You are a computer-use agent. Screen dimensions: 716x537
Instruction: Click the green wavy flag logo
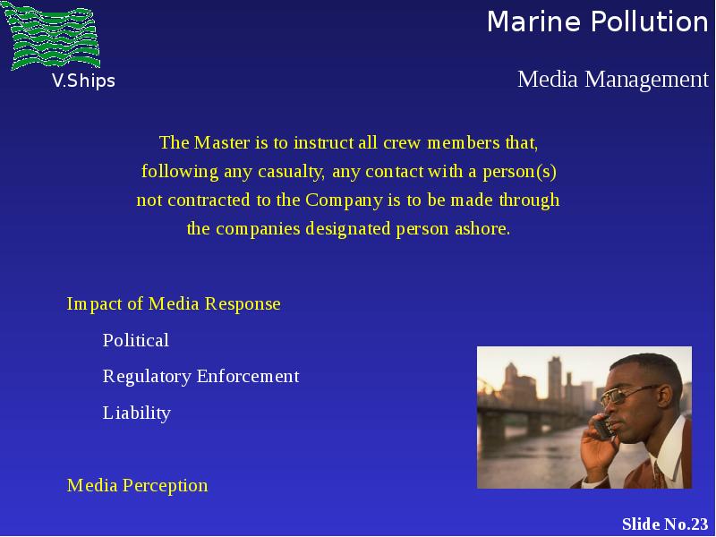[x=51, y=36]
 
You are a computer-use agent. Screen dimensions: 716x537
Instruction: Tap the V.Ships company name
[x=83, y=81]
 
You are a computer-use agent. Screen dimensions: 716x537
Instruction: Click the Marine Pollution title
[x=598, y=21]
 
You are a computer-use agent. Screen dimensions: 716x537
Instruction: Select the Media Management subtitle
[x=613, y=79]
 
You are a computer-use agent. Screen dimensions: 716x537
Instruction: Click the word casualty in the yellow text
[x=292, y=172]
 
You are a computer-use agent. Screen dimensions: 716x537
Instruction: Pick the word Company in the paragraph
[x=344, y=200]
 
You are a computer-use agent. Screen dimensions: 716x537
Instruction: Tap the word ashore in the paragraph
[x=482, y=228]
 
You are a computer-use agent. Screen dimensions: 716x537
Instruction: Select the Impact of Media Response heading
[x=174, y=304]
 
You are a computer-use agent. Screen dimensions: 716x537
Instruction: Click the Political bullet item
[x=136, y=340]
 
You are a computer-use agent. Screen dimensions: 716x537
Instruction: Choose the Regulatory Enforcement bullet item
[x=200, y=377]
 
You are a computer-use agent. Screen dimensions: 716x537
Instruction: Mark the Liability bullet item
[x=137, y=413]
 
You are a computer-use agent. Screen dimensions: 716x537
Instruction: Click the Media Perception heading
[x=138, y=485]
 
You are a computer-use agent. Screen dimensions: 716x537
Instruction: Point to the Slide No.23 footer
[x=665, y=524]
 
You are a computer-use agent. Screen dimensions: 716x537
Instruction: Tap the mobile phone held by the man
[x=603, y=427]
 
